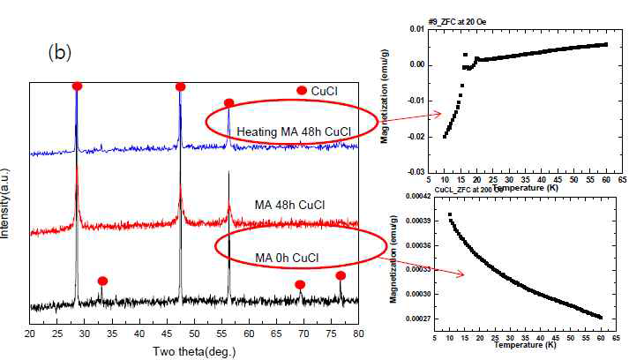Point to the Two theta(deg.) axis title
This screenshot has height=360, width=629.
click(194, 349)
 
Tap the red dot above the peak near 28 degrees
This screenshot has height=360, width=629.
click(77, 86)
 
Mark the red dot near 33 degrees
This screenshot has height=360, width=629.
click(102, 281)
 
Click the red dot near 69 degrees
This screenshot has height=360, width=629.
click(300, 284)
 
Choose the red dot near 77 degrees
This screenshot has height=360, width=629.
click(341, 276)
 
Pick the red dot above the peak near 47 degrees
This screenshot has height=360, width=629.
click(181, 86)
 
